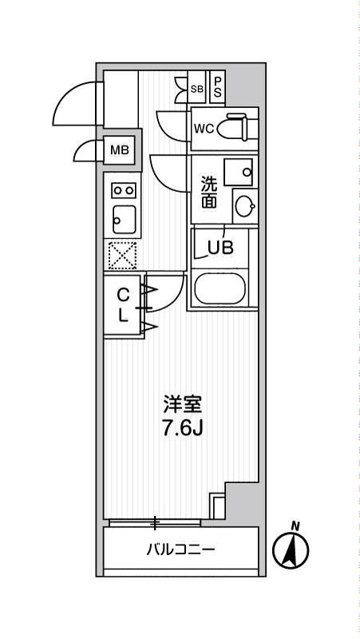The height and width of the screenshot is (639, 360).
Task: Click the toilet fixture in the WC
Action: (x=239, y=129)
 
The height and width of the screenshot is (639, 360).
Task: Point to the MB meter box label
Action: (x=118, y=150)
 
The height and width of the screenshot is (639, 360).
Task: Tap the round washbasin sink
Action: (x=243, y=205)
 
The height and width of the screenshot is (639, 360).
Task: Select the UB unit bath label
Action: (x=221, y=247)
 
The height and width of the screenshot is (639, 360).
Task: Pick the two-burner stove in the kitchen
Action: (x=123, y=190)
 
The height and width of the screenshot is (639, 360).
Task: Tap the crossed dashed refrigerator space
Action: (x=123, y=256)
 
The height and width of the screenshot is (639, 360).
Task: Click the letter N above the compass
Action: (x=295, y=525)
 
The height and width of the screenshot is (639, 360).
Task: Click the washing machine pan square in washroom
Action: (x=239, y=170)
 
